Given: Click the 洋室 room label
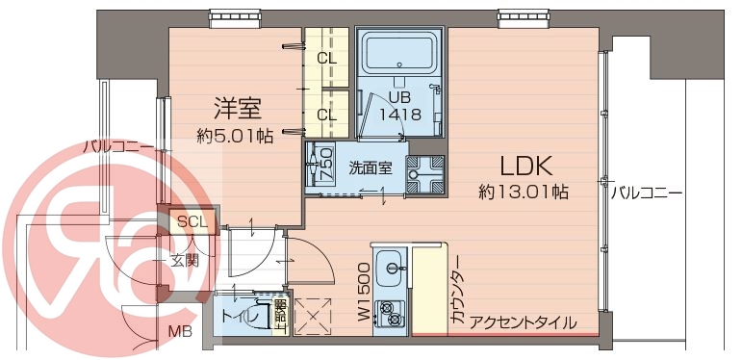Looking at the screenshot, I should [x=238, y=107].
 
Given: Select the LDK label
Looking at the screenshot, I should [x=525, y=165].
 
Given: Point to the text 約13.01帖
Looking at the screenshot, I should [x=524, y=193].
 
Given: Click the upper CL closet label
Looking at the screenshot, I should [x=327, y=58].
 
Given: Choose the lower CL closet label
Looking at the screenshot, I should [x=327, y=115].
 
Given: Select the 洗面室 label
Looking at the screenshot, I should [x=371, y=167].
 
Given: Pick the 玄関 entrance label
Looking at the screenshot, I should [x=182, y=260].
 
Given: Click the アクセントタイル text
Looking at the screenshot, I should [x=524, y=321].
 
